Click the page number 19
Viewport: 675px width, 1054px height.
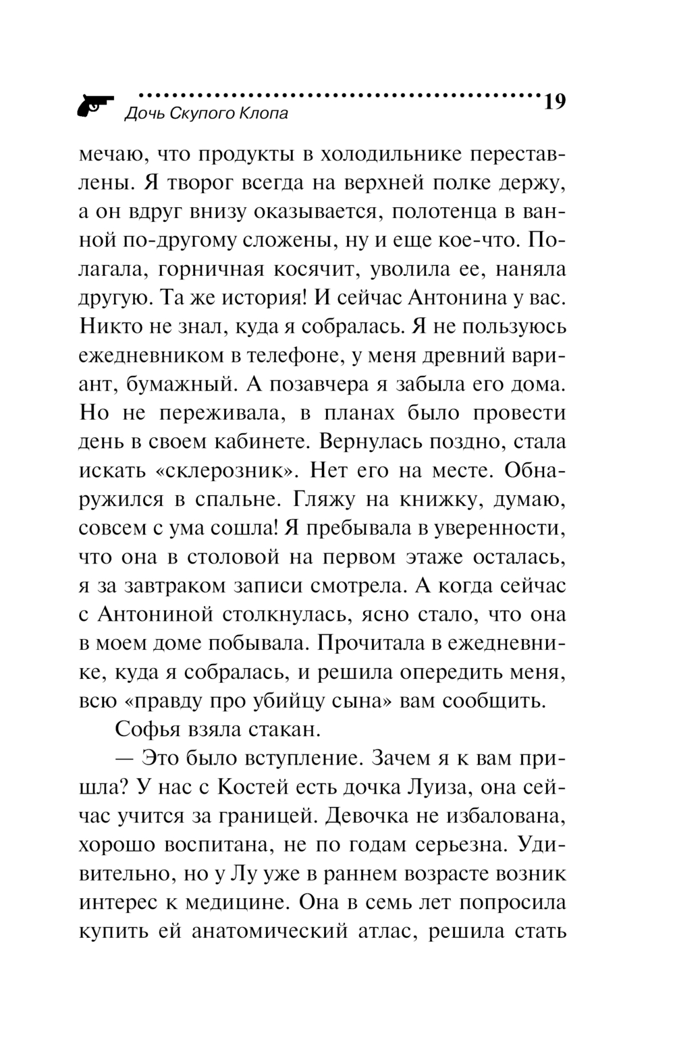(x=553, y=102)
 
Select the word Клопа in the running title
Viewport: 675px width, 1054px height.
(x=263, y=113)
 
